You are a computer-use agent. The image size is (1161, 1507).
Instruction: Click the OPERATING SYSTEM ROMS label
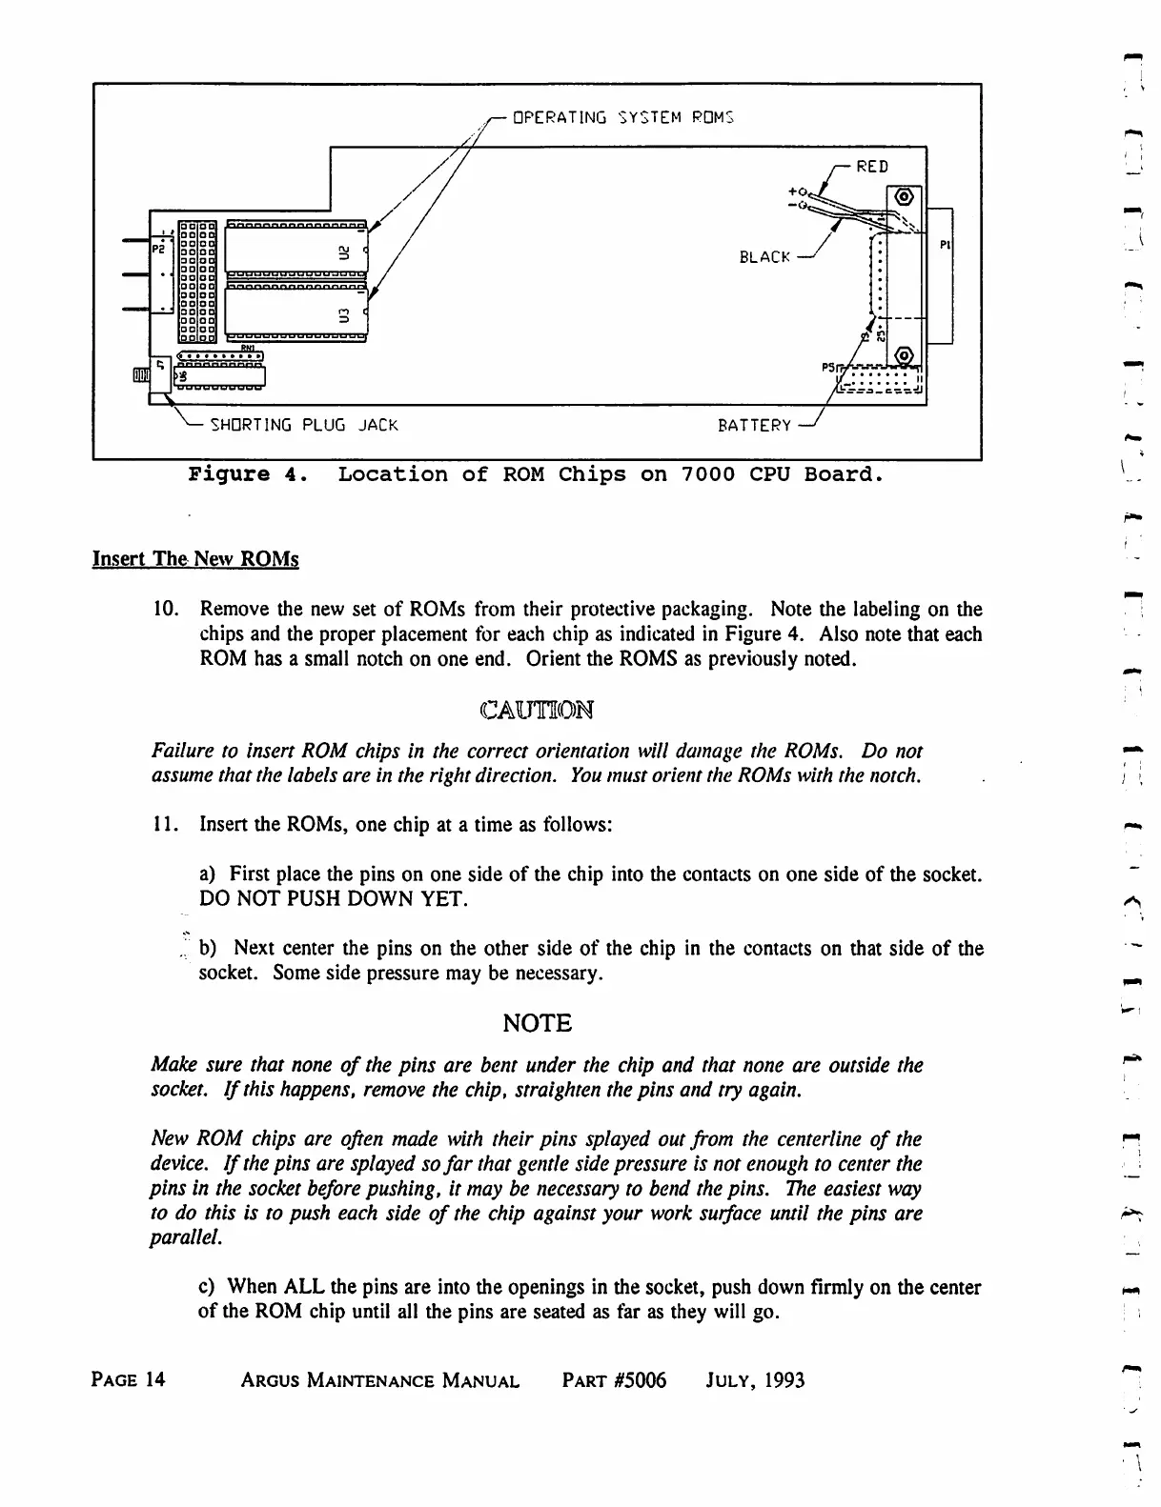(x=623, y=118)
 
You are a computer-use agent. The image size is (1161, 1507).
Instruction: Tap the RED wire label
(x=872, y=167)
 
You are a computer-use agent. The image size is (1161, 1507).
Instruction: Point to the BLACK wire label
(x=764, y=257)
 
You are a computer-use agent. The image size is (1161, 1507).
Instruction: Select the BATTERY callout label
(x=754, y=426)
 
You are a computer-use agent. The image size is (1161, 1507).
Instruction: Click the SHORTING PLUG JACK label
(x=303, y=425)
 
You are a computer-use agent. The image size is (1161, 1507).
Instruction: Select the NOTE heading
(x=537, y=1024)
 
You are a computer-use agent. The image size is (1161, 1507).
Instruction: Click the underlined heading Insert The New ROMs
(x=195, y=559)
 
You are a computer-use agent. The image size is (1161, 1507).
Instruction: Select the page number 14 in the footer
(x=155, y=1380)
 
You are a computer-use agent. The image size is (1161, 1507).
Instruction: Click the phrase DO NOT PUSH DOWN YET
(x=333, y=899)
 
